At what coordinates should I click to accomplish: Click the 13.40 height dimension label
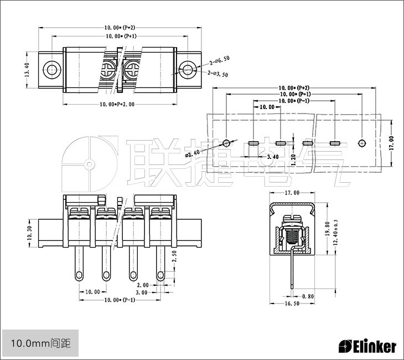point(27,70)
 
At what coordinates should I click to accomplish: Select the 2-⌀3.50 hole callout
point(219,73)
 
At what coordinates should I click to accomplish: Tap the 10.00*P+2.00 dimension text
point(120,105)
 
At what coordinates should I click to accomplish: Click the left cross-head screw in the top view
point(107,70)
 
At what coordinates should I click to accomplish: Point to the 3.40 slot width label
point(273,157)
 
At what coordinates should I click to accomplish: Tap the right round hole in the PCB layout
point(361,143)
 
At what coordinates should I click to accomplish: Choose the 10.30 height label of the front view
point(30,232)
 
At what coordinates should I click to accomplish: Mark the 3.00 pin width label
point(141,292)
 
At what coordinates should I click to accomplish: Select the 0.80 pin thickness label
point(308,296)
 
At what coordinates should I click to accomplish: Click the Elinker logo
point(367,347)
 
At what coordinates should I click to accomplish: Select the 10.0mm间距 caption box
point(37,343)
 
